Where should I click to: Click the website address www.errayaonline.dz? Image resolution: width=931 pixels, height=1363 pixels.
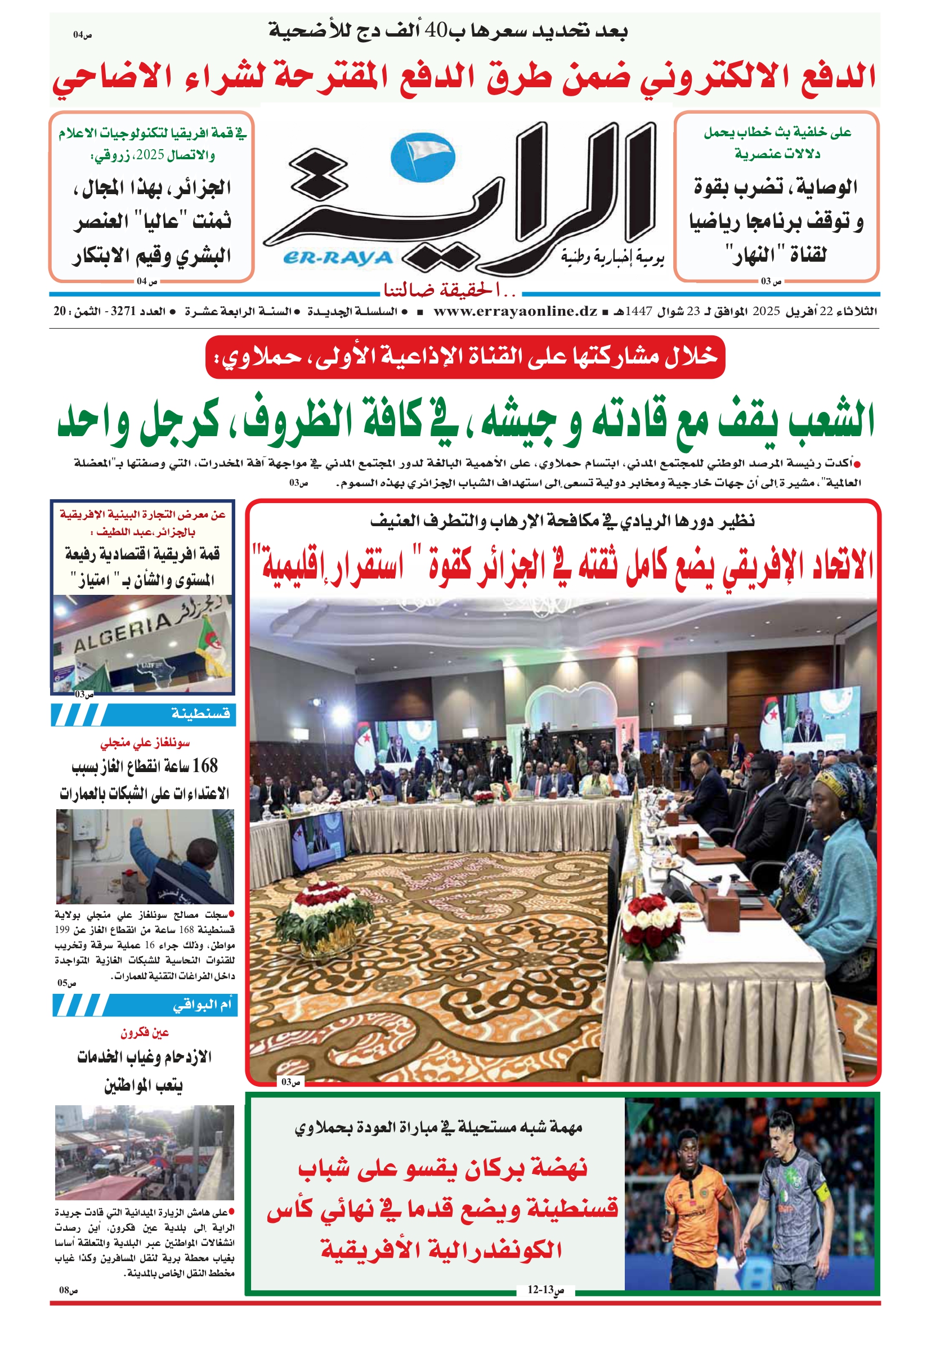[515, 311]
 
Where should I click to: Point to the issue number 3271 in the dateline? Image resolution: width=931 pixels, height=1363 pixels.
[123, 311]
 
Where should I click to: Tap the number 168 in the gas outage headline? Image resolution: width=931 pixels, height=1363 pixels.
[204, 765]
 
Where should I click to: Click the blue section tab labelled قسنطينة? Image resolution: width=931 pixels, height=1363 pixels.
[200, 714]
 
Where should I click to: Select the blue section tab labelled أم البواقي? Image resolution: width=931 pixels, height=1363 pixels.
[202, 1005]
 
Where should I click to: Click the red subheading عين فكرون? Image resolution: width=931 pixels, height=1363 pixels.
[144, 1033]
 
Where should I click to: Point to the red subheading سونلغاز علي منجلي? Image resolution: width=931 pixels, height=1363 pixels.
[144, 743]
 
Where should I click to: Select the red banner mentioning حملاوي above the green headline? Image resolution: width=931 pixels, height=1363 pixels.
[464, 357]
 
